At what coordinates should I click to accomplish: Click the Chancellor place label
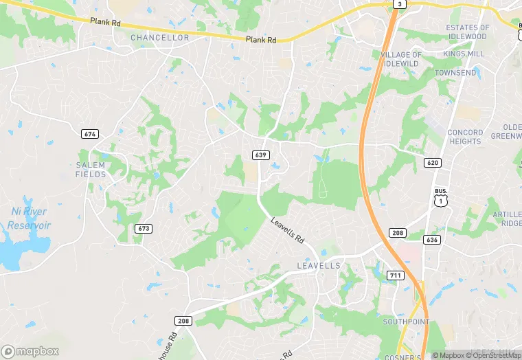coord(159,38)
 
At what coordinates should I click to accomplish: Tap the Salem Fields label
coord(91,170)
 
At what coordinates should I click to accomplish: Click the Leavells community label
coord(318,265)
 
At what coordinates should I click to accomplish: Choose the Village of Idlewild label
coord(401,59)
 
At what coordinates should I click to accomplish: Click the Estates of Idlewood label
coord(467,32)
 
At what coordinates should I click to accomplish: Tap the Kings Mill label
coord(464,54)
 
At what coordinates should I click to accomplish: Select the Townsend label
coord(454,73)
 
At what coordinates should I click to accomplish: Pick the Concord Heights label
coord(465,136)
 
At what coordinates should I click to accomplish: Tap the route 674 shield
coord(89,134)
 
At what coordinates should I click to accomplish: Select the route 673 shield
coord(143,228)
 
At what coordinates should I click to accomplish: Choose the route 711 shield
coord(395,275)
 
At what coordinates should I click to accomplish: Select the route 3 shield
coord(398,4)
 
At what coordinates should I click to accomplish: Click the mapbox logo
coord(30,351)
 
